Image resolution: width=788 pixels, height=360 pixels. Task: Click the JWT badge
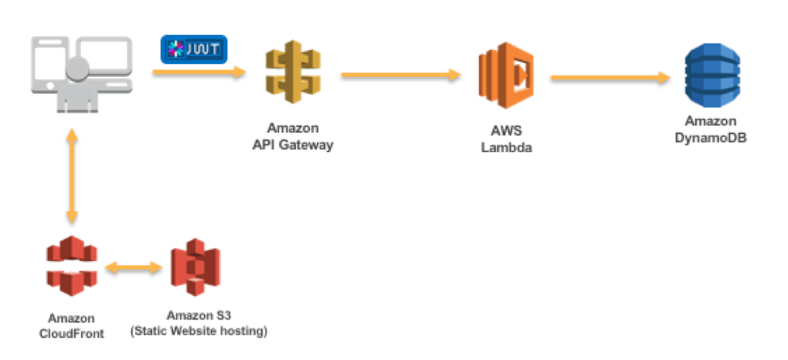point(194,49)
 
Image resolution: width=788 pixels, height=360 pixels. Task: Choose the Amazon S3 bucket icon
point(195,267)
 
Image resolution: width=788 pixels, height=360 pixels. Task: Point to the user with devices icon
point(80,74)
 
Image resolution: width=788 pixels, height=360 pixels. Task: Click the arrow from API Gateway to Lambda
point(400,75)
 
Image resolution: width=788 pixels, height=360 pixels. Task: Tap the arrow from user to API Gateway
point(198,73)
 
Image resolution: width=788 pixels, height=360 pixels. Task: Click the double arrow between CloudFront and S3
point(133,266)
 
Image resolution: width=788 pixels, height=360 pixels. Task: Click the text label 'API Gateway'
point(293,145)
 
